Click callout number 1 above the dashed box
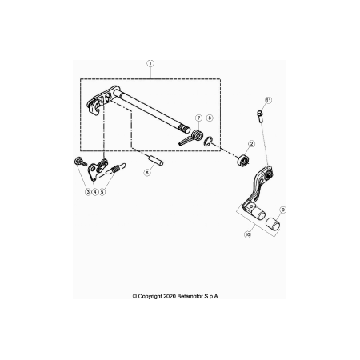(150, 63)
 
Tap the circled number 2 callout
(251, 144)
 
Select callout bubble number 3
(88, 191)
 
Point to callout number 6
(147, 173)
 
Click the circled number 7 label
(198, 118)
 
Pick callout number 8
(210, 118)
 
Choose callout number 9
(282, 210)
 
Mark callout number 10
(248, 234)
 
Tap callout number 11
(269, 100)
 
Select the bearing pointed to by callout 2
(243, 160)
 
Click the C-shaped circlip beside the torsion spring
(209, 142)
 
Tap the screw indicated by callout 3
(79, 162)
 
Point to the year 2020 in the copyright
(170, 296)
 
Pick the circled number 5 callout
(102, 191)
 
